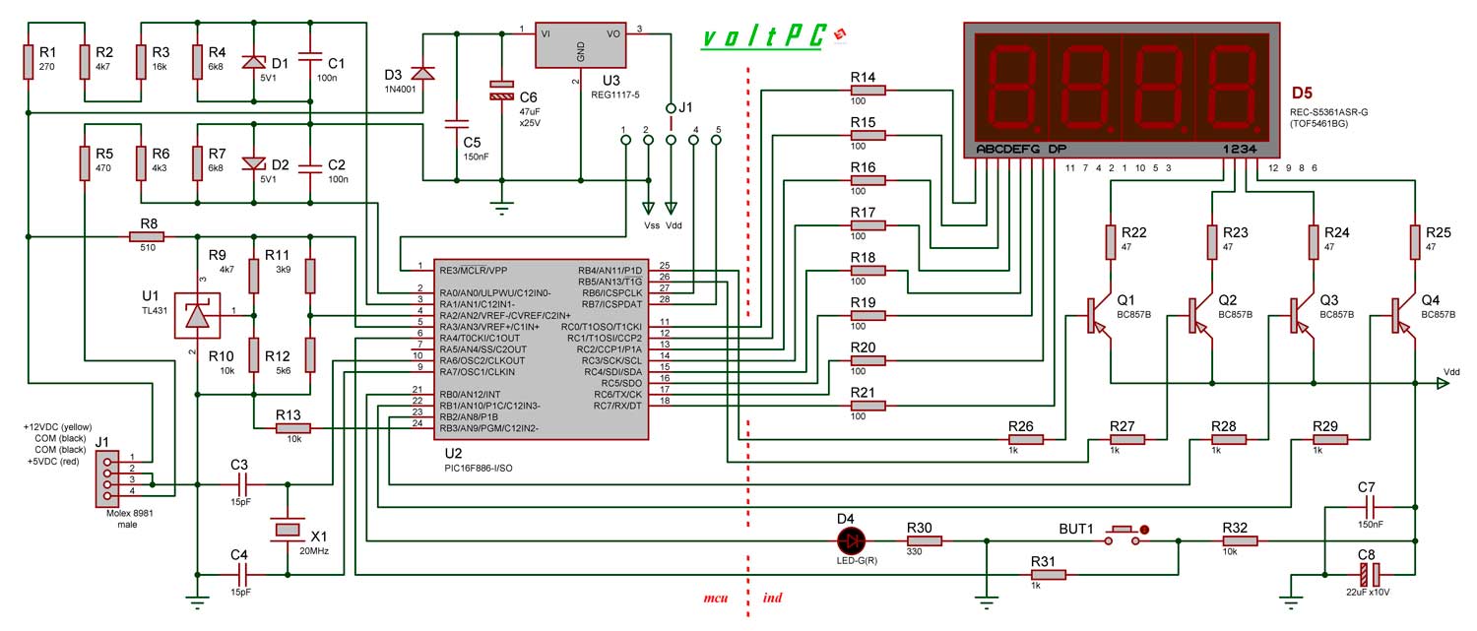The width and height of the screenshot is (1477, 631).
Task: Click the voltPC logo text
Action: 765,36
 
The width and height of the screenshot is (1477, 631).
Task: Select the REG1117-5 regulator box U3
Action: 580,44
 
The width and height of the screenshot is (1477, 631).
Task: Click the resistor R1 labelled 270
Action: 29,61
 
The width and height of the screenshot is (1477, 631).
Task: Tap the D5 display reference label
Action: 1302,95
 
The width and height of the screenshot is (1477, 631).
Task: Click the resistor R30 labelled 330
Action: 925,539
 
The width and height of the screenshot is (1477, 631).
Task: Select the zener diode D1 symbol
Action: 253,61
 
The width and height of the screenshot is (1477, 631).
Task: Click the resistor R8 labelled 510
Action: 147,236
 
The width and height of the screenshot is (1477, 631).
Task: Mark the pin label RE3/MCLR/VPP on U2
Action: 474,269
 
